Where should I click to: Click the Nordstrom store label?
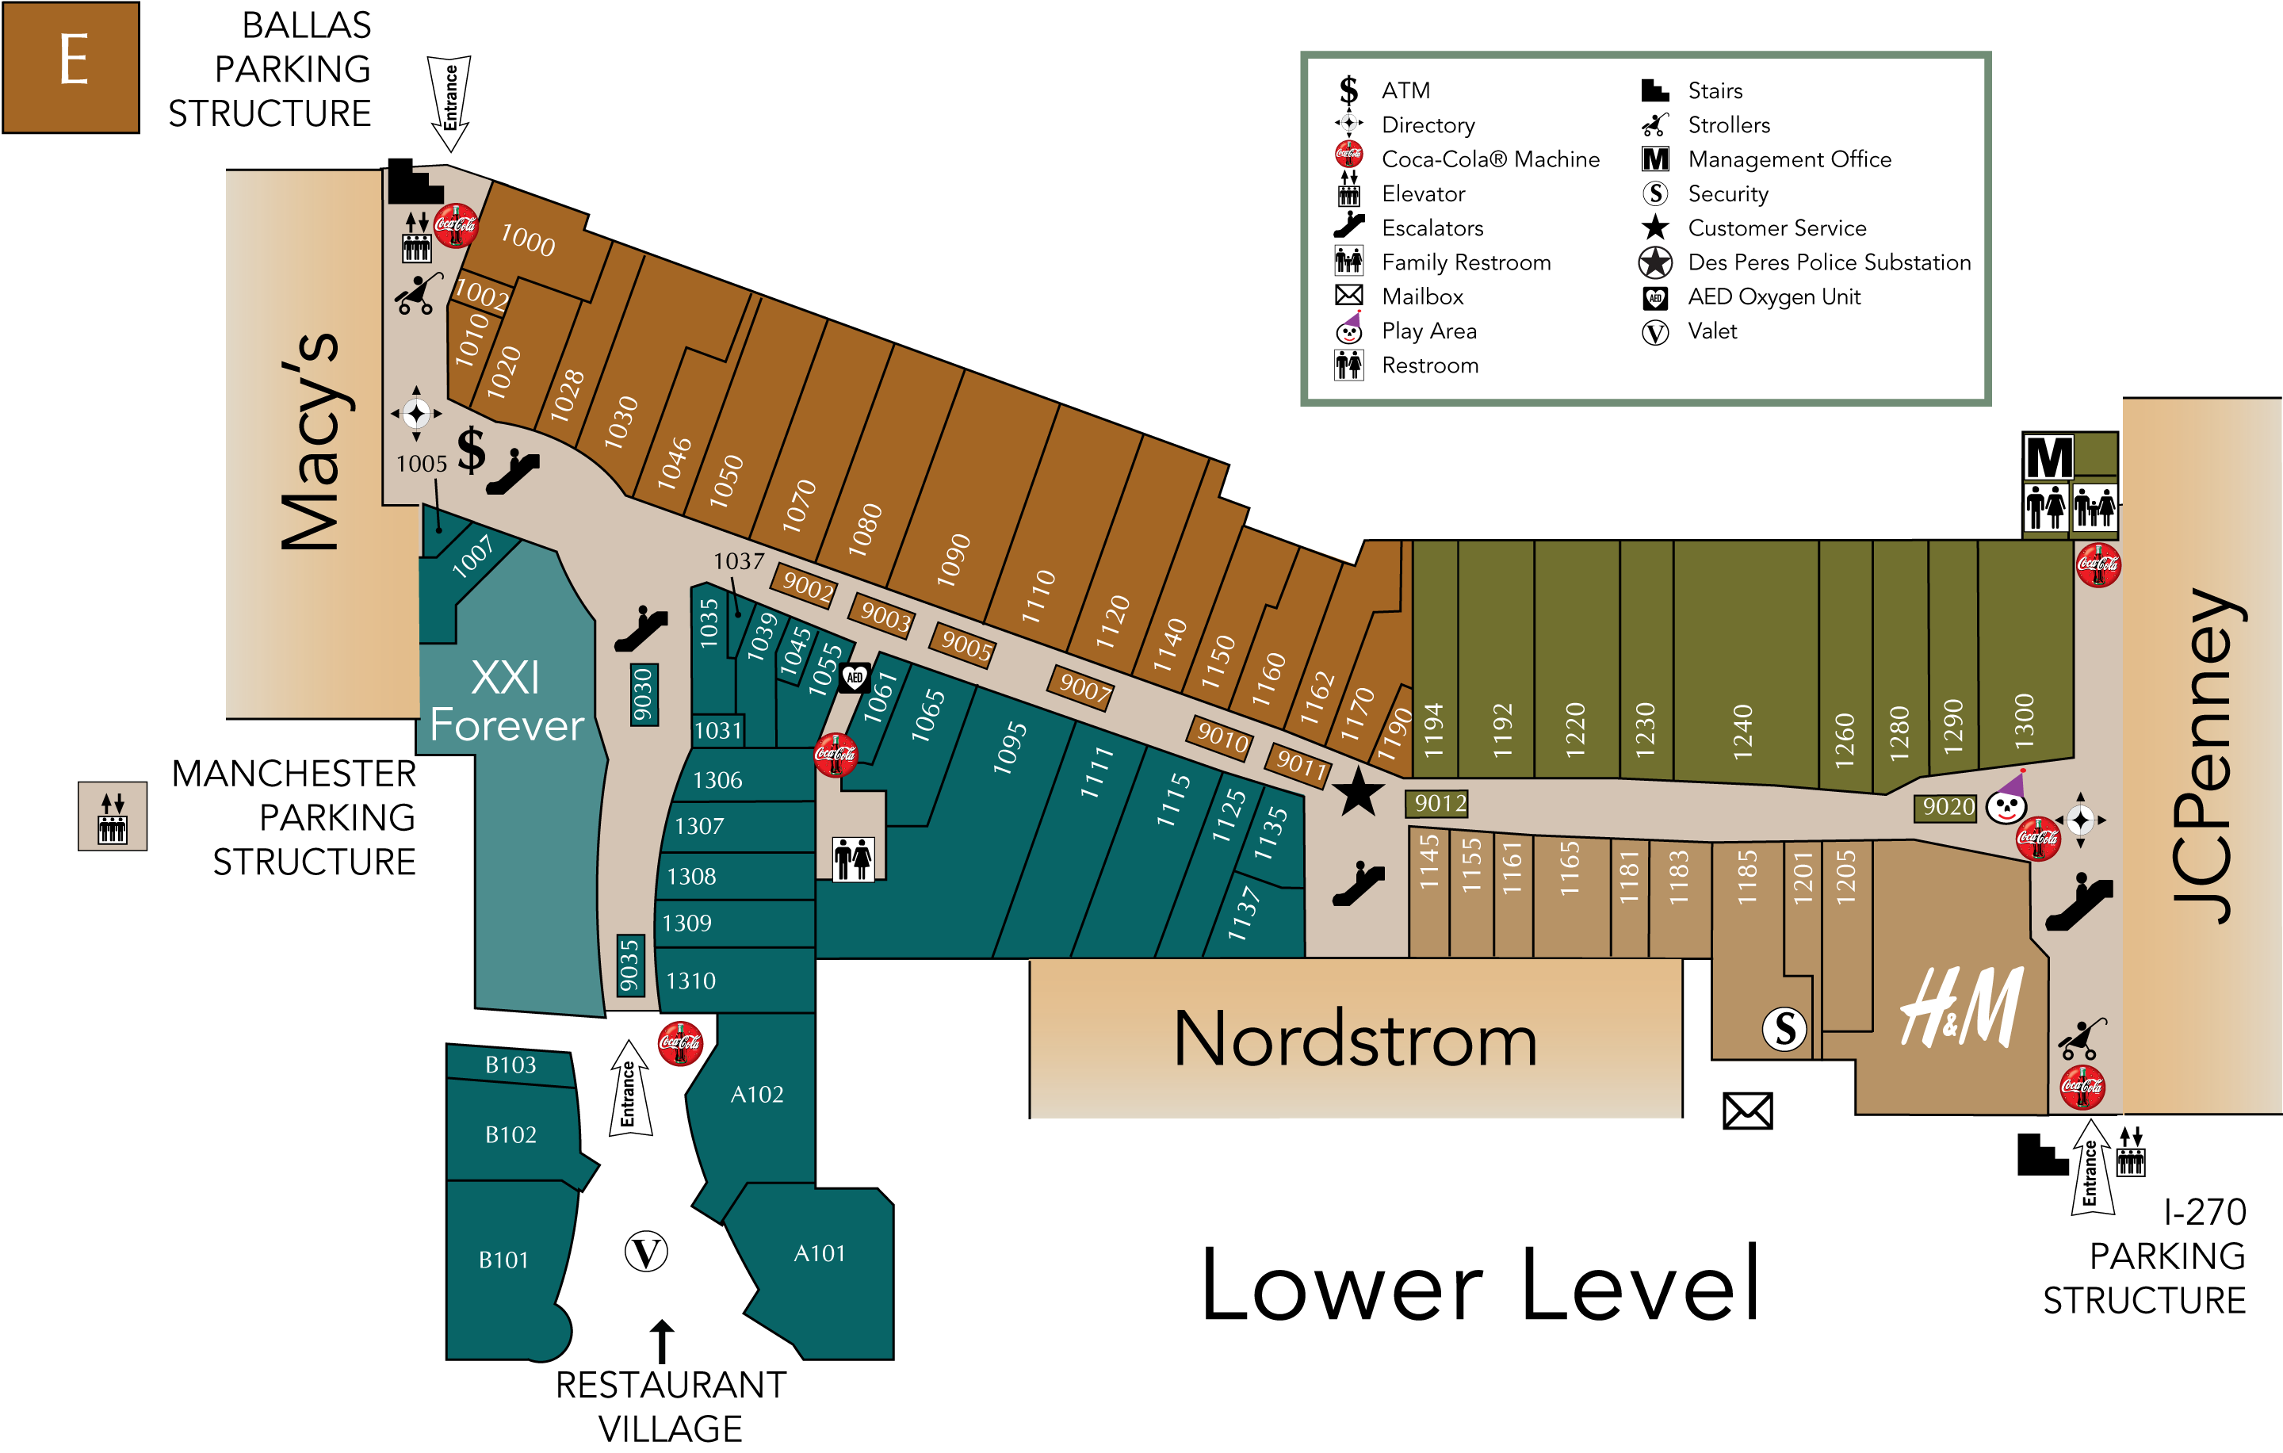pos(1355,1040)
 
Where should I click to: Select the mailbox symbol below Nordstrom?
pos(1746,1111)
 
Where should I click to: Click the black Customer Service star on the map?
pos(1358,793)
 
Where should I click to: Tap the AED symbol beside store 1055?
pos(855,677)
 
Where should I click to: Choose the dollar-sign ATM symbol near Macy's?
pos(471,450)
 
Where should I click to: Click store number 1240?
pos(1742,731)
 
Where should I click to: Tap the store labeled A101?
pos(819,1253)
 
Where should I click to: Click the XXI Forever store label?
pos(507,702)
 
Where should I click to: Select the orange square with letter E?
pos(71,67)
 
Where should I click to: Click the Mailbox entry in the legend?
pos(1422,296)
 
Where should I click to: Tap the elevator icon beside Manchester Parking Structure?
pos(113,816)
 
